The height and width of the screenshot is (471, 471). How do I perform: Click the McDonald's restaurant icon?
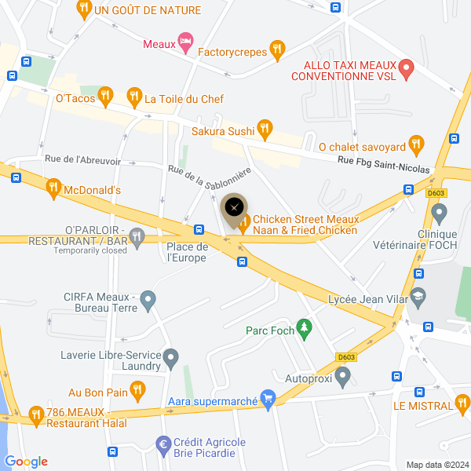click(x=53, y=188)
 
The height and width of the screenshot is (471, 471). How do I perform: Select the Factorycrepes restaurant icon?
click(x=276, y=51)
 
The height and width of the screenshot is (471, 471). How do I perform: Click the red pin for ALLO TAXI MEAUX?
click(x=406, y=68)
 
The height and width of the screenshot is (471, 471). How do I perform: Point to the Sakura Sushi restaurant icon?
click(x=265, y=128)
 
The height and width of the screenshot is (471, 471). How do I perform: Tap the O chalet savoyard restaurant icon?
click(x=416, y=144)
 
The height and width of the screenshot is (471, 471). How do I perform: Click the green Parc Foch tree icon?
click(x=304, y=330)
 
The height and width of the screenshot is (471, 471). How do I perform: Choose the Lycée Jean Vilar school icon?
click(x=418, y=297)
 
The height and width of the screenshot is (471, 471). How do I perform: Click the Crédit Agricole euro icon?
click(x=164, y=444)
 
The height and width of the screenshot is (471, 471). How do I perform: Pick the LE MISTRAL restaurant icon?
click(x=462, y=404)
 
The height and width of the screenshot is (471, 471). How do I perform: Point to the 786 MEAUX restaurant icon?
click(x=35, y=414)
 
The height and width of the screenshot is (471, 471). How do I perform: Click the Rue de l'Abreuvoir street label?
click(x=82, y=160)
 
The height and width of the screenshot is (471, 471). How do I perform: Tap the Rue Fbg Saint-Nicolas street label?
click(x=384, y=168)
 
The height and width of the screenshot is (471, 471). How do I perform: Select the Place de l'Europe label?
click(x=187, y=253)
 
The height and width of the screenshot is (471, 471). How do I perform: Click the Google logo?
click(x=26, y=462)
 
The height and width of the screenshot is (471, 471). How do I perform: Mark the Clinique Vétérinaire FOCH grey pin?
click(x=440, y=212)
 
